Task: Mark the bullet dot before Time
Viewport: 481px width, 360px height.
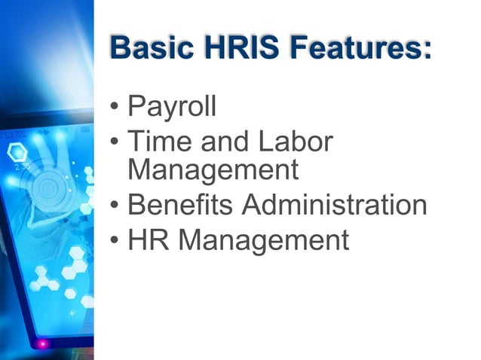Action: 114,142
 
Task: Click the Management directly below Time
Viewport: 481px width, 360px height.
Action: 213,170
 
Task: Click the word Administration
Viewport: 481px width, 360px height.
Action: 339,204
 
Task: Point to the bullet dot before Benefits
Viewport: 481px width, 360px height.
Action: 114,206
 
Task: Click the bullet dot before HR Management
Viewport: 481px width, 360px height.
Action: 114,241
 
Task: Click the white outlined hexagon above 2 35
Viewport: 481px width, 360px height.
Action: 16,151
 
